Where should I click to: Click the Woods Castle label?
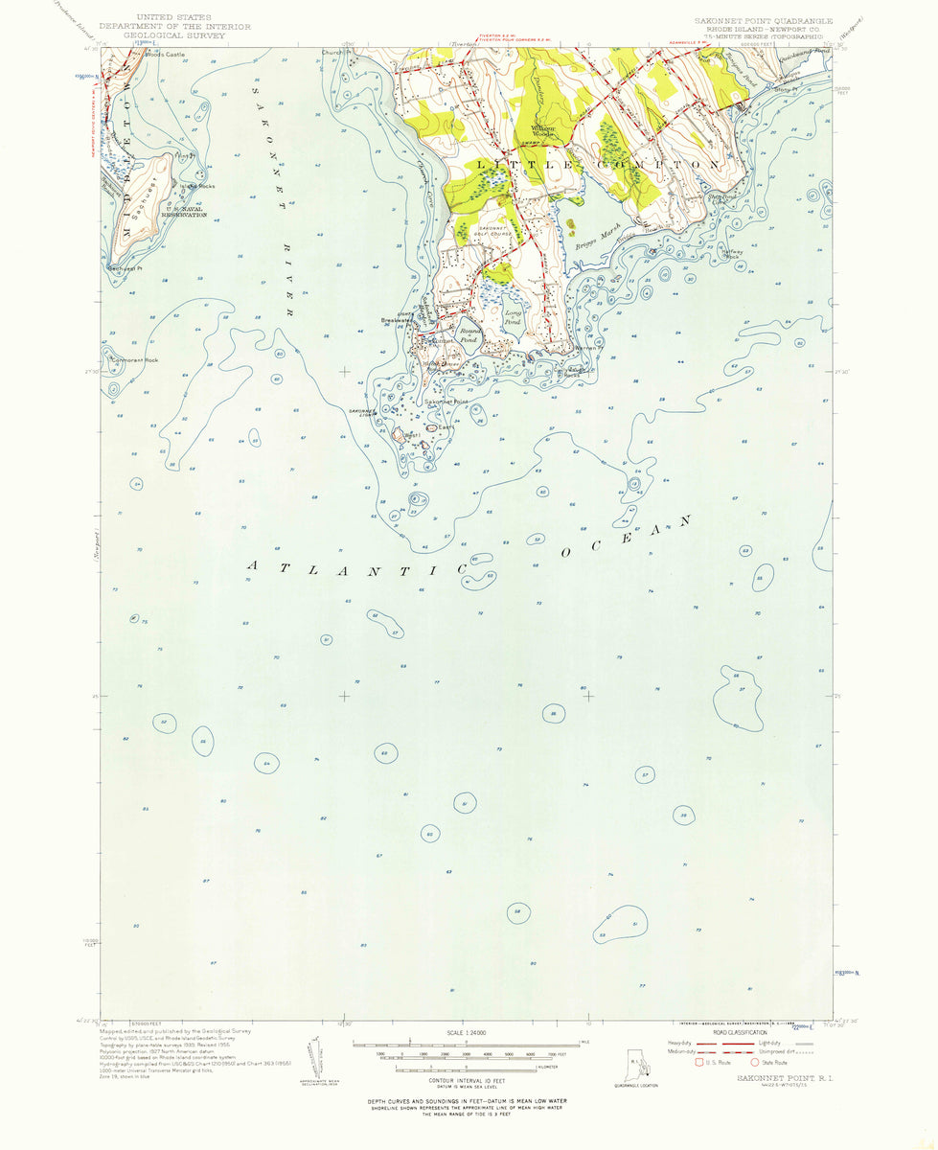(x=164, y=55)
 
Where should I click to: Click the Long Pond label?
(x=514, y=317)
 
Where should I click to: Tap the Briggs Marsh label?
(x=591, y=239)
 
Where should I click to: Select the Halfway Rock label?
(x=733, y=254)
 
